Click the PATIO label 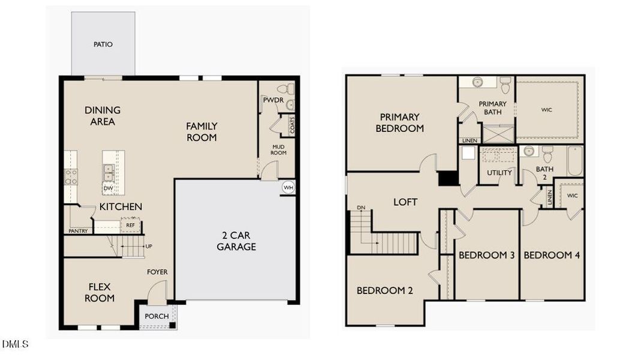coord(103,44)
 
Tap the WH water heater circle coord(288,188)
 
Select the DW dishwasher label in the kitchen coord(108,188)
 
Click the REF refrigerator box coord(130,226)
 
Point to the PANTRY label coord(78,231)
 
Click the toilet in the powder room coord(286,89)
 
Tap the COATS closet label coord(292,125)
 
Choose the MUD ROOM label coord(278,150)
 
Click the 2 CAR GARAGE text coord(236,241)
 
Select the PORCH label coord(157,316)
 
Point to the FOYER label coord(157,272)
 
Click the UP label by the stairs coord(149,246)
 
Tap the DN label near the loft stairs coord(361,208)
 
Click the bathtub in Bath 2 coord(575,161)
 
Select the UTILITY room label coord(499,173)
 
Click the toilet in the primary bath coord(505,85)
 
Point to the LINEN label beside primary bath coord(470,141)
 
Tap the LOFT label coord(405,202)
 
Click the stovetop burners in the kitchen coord(71,177)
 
